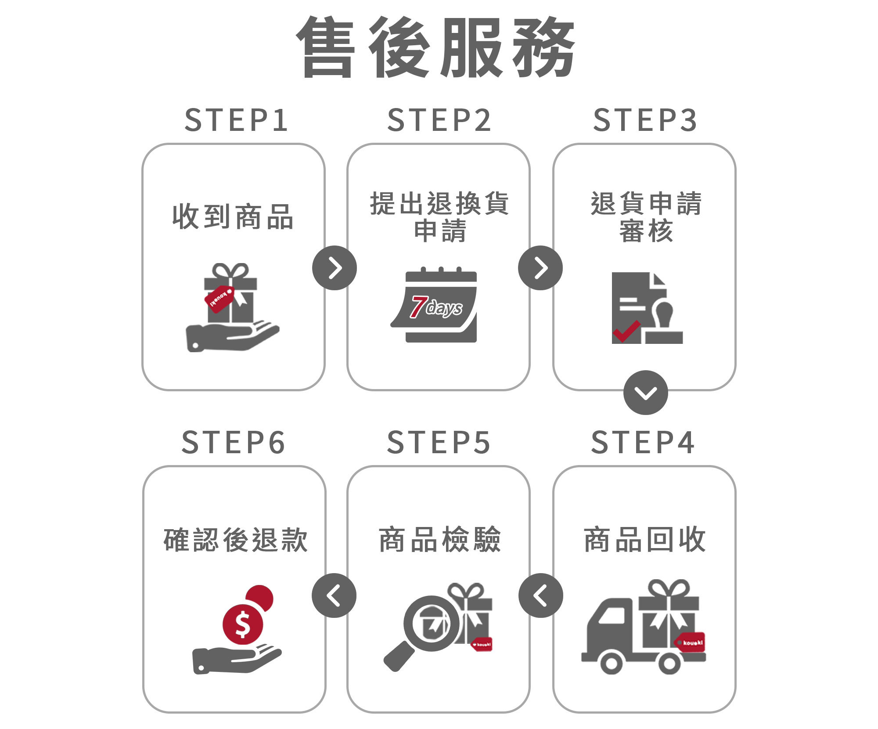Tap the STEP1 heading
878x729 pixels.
[x=236, y=120]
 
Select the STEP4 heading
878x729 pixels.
[x=643, y=442]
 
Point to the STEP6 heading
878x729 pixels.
[x=234, y=442]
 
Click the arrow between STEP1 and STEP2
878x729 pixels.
[x=335, y=268]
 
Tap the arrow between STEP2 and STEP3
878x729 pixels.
[x=540, y=268]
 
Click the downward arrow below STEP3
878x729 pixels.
[x=645, y=393]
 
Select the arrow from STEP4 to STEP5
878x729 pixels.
[x=540, y=595]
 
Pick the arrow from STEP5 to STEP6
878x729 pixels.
[x=334, y=595]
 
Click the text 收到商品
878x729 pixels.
[x=233, y=217]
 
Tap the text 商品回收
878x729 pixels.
[x=644, y=540]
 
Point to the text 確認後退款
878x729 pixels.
[x=235, y=540]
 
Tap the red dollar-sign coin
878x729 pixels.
[x=243, y=624]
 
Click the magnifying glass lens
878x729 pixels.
[x=431, y=623]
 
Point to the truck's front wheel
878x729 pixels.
[x=611, y=664]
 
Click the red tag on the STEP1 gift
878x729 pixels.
[x=219, y=299]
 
